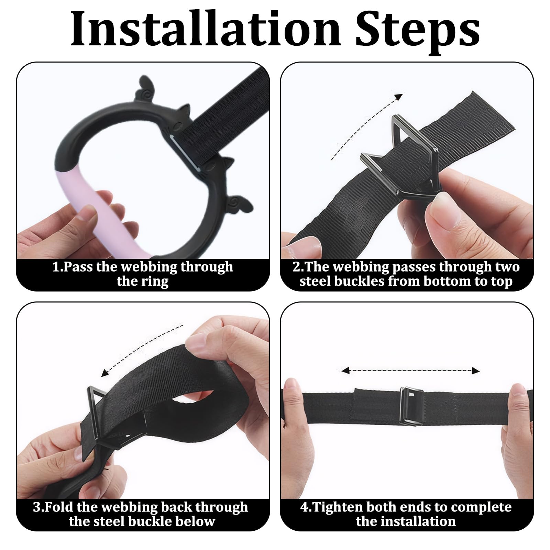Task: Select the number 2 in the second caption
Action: (x=296, y=267)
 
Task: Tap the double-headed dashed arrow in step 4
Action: (x=410, y=370)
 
